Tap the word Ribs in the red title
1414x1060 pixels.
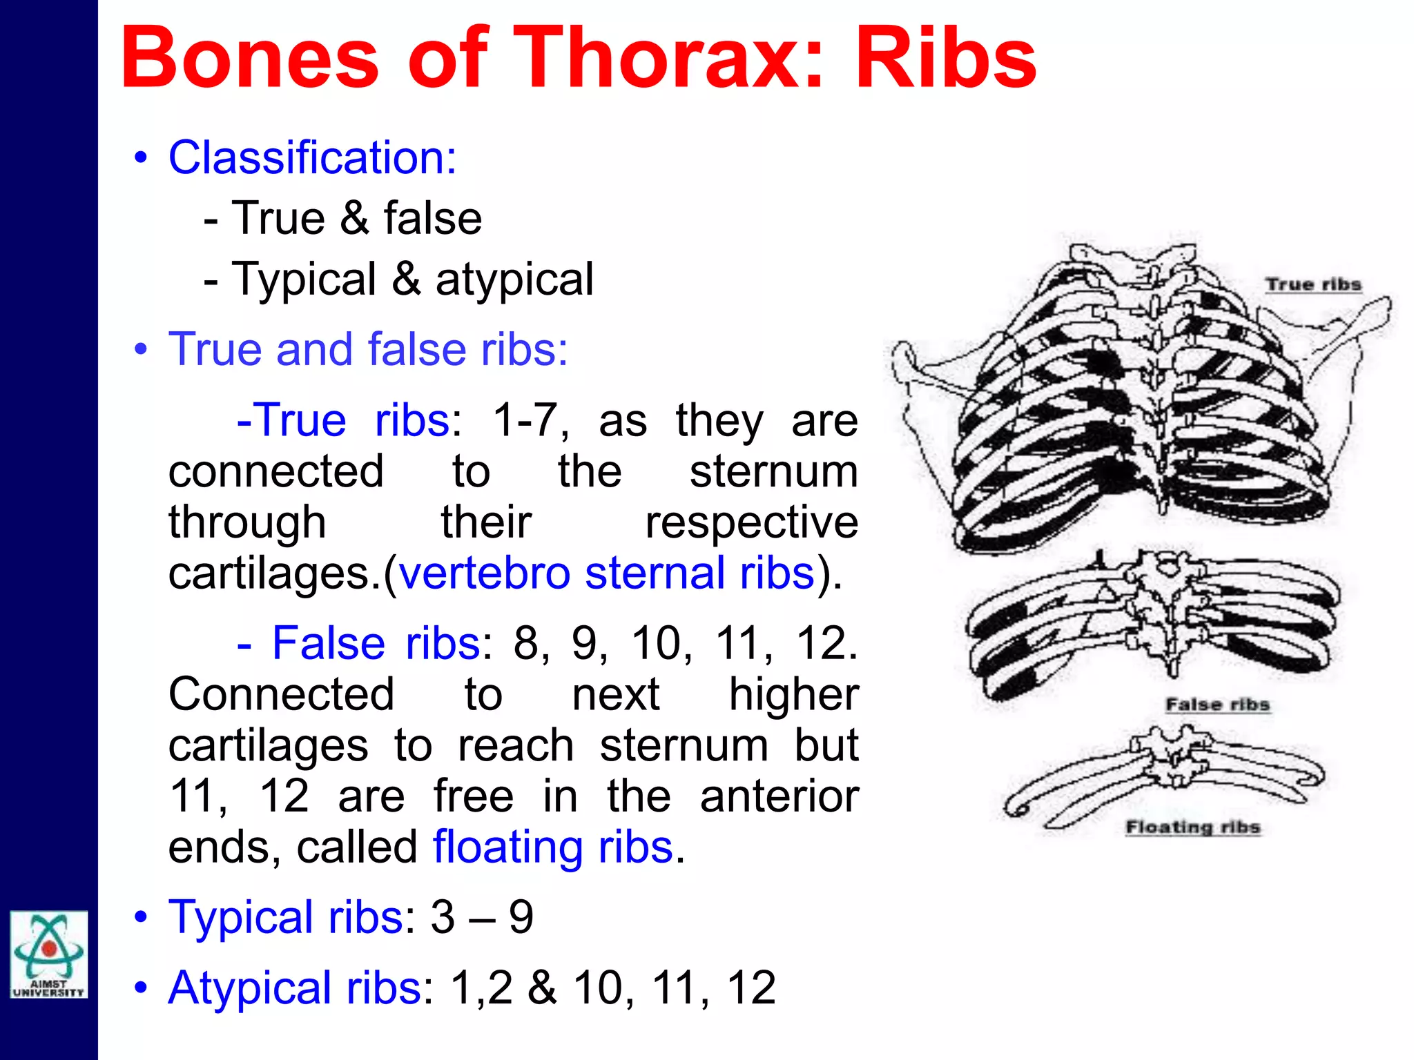tap(946, 58)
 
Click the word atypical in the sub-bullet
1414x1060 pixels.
tap(514, 279)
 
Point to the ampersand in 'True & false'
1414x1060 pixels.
tap(354, 219)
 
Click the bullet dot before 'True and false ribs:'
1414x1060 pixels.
tap(141, 349)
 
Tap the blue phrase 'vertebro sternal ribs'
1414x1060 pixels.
tap(607, 573)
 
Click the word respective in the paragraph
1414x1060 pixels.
tap(751, 522)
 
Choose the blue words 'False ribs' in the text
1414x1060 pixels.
tap(376, 643)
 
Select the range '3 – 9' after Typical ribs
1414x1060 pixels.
tap(482, 917)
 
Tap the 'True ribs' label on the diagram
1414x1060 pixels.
tap(1313, 284)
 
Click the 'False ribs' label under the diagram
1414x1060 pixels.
tap(1217, 705)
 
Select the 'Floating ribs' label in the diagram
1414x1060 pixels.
tap(1192, 827)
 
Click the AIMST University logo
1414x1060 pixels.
tap(48, 954)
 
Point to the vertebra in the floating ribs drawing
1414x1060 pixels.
tap(1169, 756)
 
